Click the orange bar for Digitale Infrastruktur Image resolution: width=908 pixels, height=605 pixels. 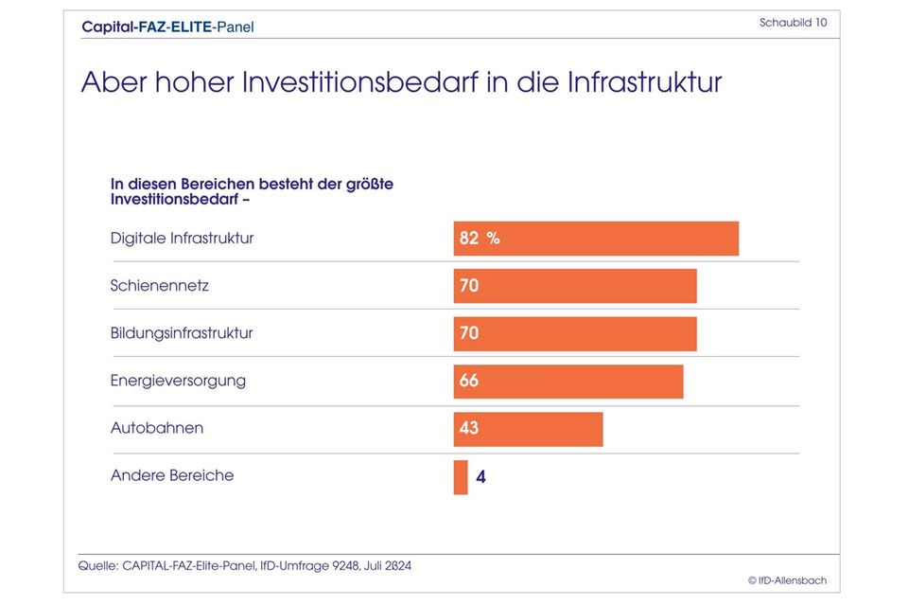click(596, 239)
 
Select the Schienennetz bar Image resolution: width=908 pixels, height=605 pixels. click(575, 286)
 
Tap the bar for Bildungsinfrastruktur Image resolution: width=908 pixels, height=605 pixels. click(575, 333)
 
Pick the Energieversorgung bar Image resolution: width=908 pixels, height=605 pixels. click(567, 382)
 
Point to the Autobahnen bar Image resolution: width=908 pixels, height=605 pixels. click(528, 429)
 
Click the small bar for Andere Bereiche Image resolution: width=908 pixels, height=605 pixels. click(461, 477)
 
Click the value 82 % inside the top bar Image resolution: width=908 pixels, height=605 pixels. click(479, 239)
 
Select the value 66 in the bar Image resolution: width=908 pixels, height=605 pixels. click(469, 382)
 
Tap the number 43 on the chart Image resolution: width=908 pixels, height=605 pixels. click(469, 429)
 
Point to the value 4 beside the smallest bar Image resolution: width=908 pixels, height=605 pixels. click(480, 477)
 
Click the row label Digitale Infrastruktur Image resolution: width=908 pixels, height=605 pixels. click(182, 239)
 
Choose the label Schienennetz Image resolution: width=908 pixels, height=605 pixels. click(159, 286)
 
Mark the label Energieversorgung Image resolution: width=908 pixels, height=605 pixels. click(178, 382)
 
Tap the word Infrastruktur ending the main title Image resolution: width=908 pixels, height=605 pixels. click(644, 82)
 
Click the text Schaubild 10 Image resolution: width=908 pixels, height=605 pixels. click(793, 23)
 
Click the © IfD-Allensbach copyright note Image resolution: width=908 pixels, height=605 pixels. click(787, 580)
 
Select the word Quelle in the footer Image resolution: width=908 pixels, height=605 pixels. click(97, 566)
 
